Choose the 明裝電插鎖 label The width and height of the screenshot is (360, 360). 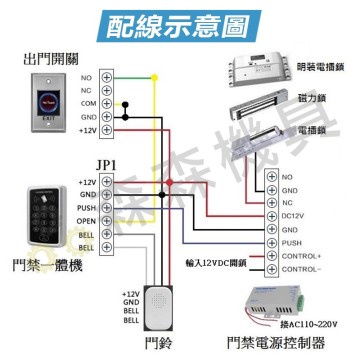pyautogui.click(x=322, y=66)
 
